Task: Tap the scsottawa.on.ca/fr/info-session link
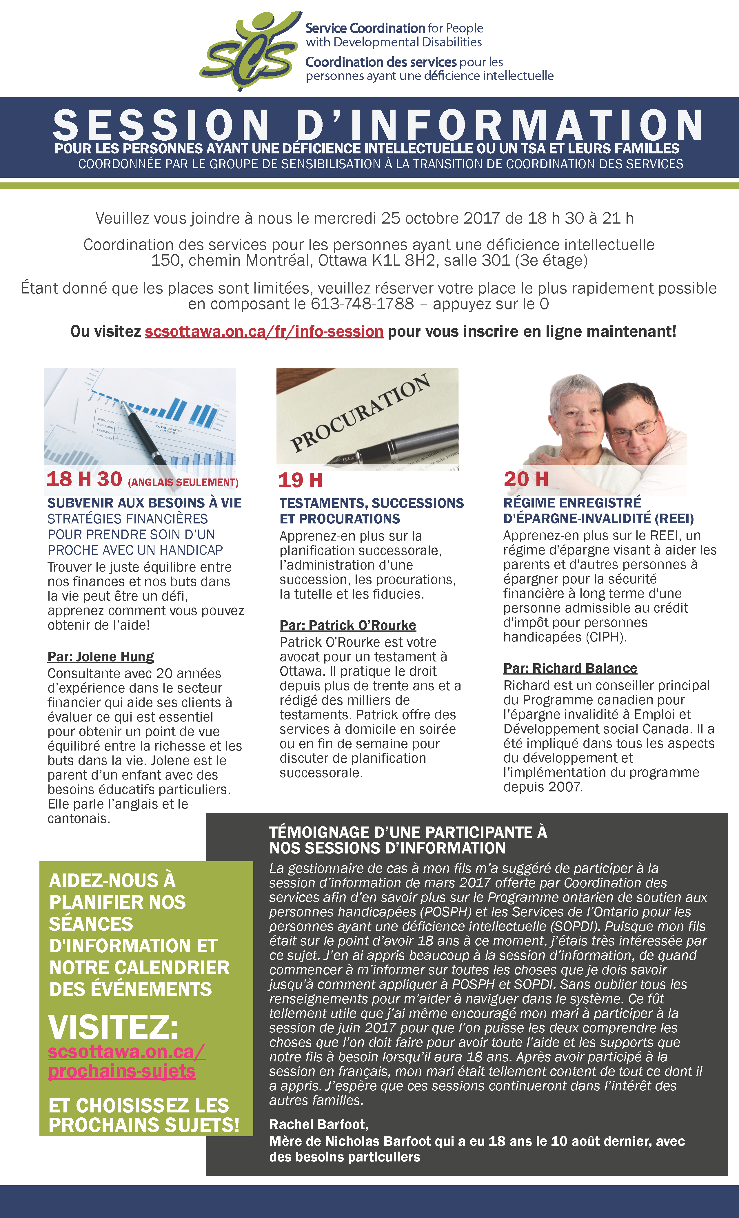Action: click(x=264, y=331)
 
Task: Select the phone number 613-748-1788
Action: click(x=362, y=304)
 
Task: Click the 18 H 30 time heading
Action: click(x=84, y=479)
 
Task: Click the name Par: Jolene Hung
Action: click(x=101, y=657)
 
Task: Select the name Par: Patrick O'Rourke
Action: click(x=348, y=625)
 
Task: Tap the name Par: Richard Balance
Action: click(x=570, y=668)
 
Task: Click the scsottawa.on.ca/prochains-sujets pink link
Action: click(x=126, y=1061)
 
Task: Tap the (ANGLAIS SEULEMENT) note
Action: click(x=183, y=483)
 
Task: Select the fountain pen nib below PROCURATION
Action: click(x=346, y=455)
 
